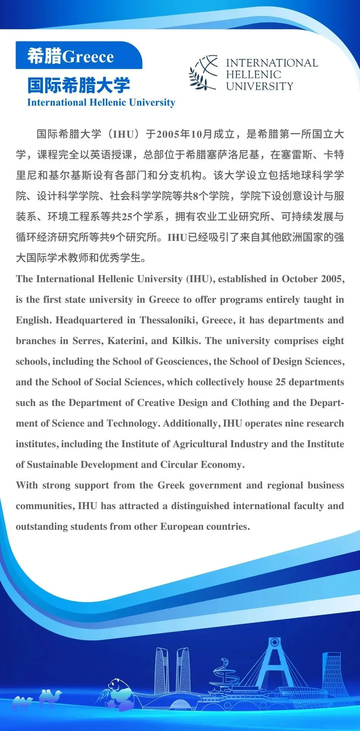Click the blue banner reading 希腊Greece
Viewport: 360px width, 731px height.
click(x=78, y=56)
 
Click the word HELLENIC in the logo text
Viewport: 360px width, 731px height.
click(x=253, y=74)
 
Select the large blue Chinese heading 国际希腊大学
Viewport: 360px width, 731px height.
click(x=78, y=85)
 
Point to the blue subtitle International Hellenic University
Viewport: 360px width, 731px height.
click(x=101, y=102)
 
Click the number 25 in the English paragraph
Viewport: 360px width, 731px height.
click(x=280, y=382)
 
